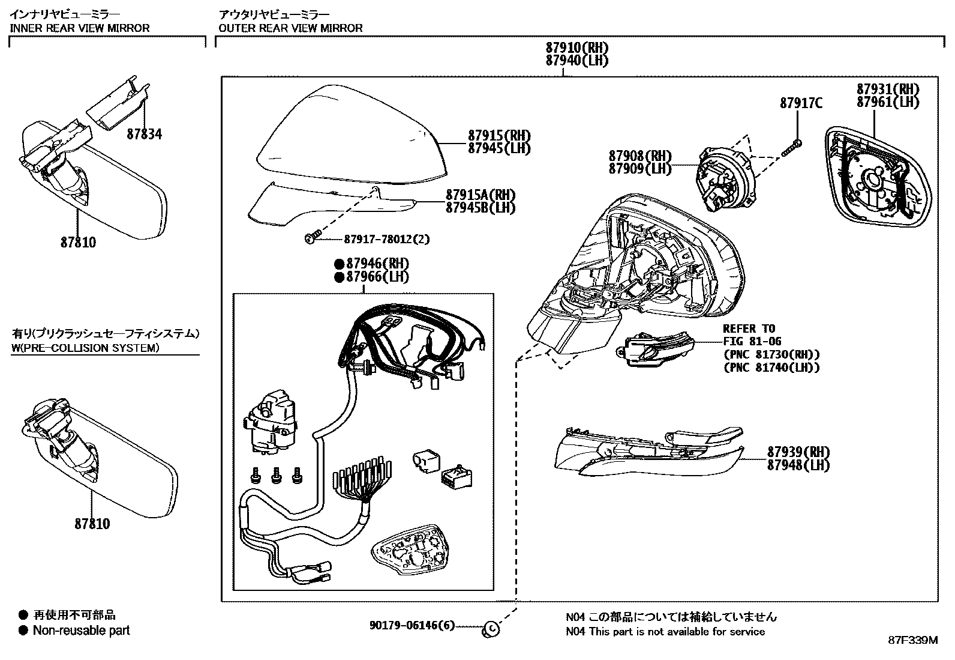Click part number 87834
pyautogui.click(x=144, y=135)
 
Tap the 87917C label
pyautogui.click(x=801, y=103)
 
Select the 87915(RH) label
pyautogui.click(x=499, y=135)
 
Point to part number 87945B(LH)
pyautogui.click(x=480, y=208)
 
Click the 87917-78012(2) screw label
pyautogui.click(x=386, y=239)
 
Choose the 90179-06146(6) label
pyautogui.click(x=412, y=626)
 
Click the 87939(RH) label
pyautogui.click(x=798, y=452)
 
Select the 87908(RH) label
pyautogui.click(x=640, y=156)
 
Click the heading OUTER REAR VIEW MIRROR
pyautogui.click(x=290, y=28)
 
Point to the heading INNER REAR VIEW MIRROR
pyautogui.click(x=79, y=28)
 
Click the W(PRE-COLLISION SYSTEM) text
pyautogui.click(x=85, y=348)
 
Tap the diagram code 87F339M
pyautogui.click(x=912, y=640)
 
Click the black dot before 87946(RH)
pyautogui.click(x=339, y=264)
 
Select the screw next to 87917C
pyautogui.click(x=792, y=148)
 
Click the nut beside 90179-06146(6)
pyautogui.click(x=491, y=628)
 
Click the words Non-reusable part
pyautogui.click(x=81, y=631)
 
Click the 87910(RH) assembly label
pyautogui.click(x=576, y=47)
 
